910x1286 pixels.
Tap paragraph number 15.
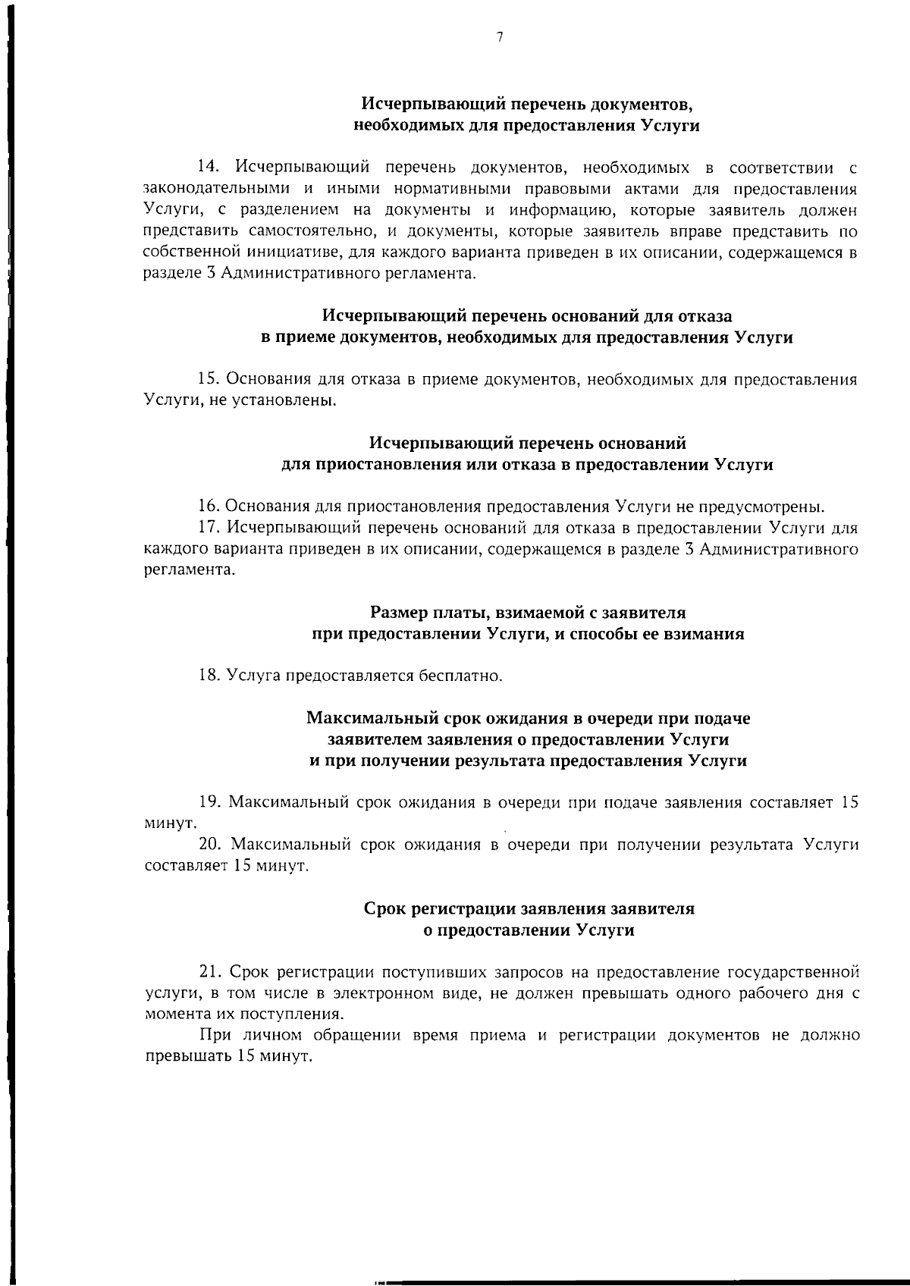(207, 378)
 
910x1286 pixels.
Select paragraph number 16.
(208, 507)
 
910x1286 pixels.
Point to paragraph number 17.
(208, 528)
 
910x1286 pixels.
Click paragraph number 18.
(208, 675)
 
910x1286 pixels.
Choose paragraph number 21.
(208, 972)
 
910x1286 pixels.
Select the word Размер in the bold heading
(397, 612)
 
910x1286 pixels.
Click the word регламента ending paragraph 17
(189, 570)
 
